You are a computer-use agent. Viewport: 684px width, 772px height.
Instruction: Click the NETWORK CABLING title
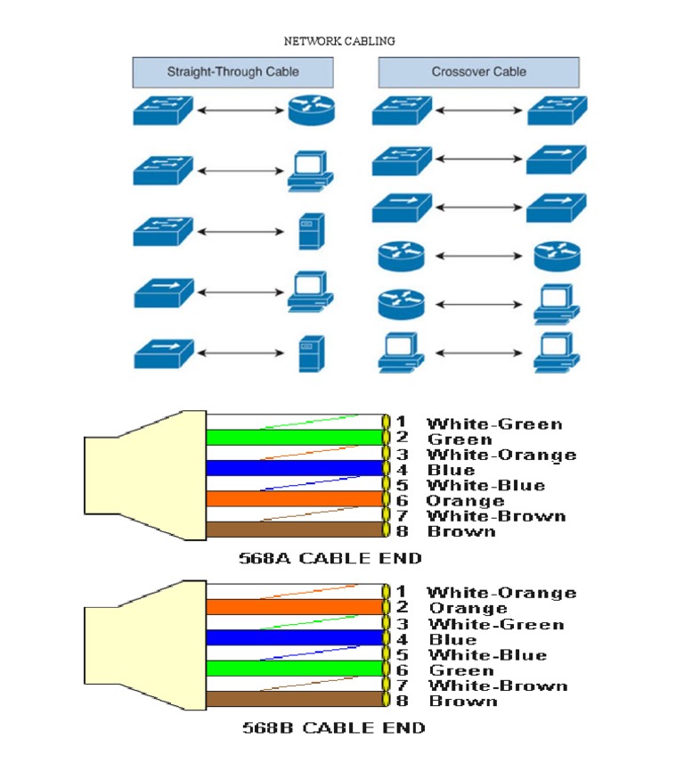(339, 41)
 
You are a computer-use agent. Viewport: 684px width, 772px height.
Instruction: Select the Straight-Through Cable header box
(232, 72)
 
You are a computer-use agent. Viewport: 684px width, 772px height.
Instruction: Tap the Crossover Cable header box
(478, 72)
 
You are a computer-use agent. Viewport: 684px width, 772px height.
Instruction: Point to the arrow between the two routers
(478, 257)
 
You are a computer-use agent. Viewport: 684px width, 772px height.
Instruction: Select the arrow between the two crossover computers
(478, 353)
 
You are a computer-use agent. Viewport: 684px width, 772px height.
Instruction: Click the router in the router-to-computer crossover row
(401, 303)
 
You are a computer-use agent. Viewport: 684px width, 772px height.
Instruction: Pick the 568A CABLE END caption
(330, 559)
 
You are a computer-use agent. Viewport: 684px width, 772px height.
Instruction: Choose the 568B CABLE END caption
(333, 728)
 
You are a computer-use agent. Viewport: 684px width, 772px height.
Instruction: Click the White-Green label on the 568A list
(494, 423)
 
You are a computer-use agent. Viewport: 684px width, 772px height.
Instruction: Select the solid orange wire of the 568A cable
(294, 498)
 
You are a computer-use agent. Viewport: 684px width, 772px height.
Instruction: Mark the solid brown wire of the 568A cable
(294, 530)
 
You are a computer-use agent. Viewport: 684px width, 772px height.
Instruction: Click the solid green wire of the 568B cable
(294, 668)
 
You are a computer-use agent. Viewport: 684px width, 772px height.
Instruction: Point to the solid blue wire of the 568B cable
(294, 637)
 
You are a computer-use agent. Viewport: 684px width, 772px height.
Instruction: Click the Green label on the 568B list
(461, 670)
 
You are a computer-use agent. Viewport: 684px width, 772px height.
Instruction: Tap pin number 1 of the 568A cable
(402, 423)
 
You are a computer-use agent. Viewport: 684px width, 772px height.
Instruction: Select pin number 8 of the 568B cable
(402, 701)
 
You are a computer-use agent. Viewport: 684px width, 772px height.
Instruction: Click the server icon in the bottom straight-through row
(310, 353)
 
